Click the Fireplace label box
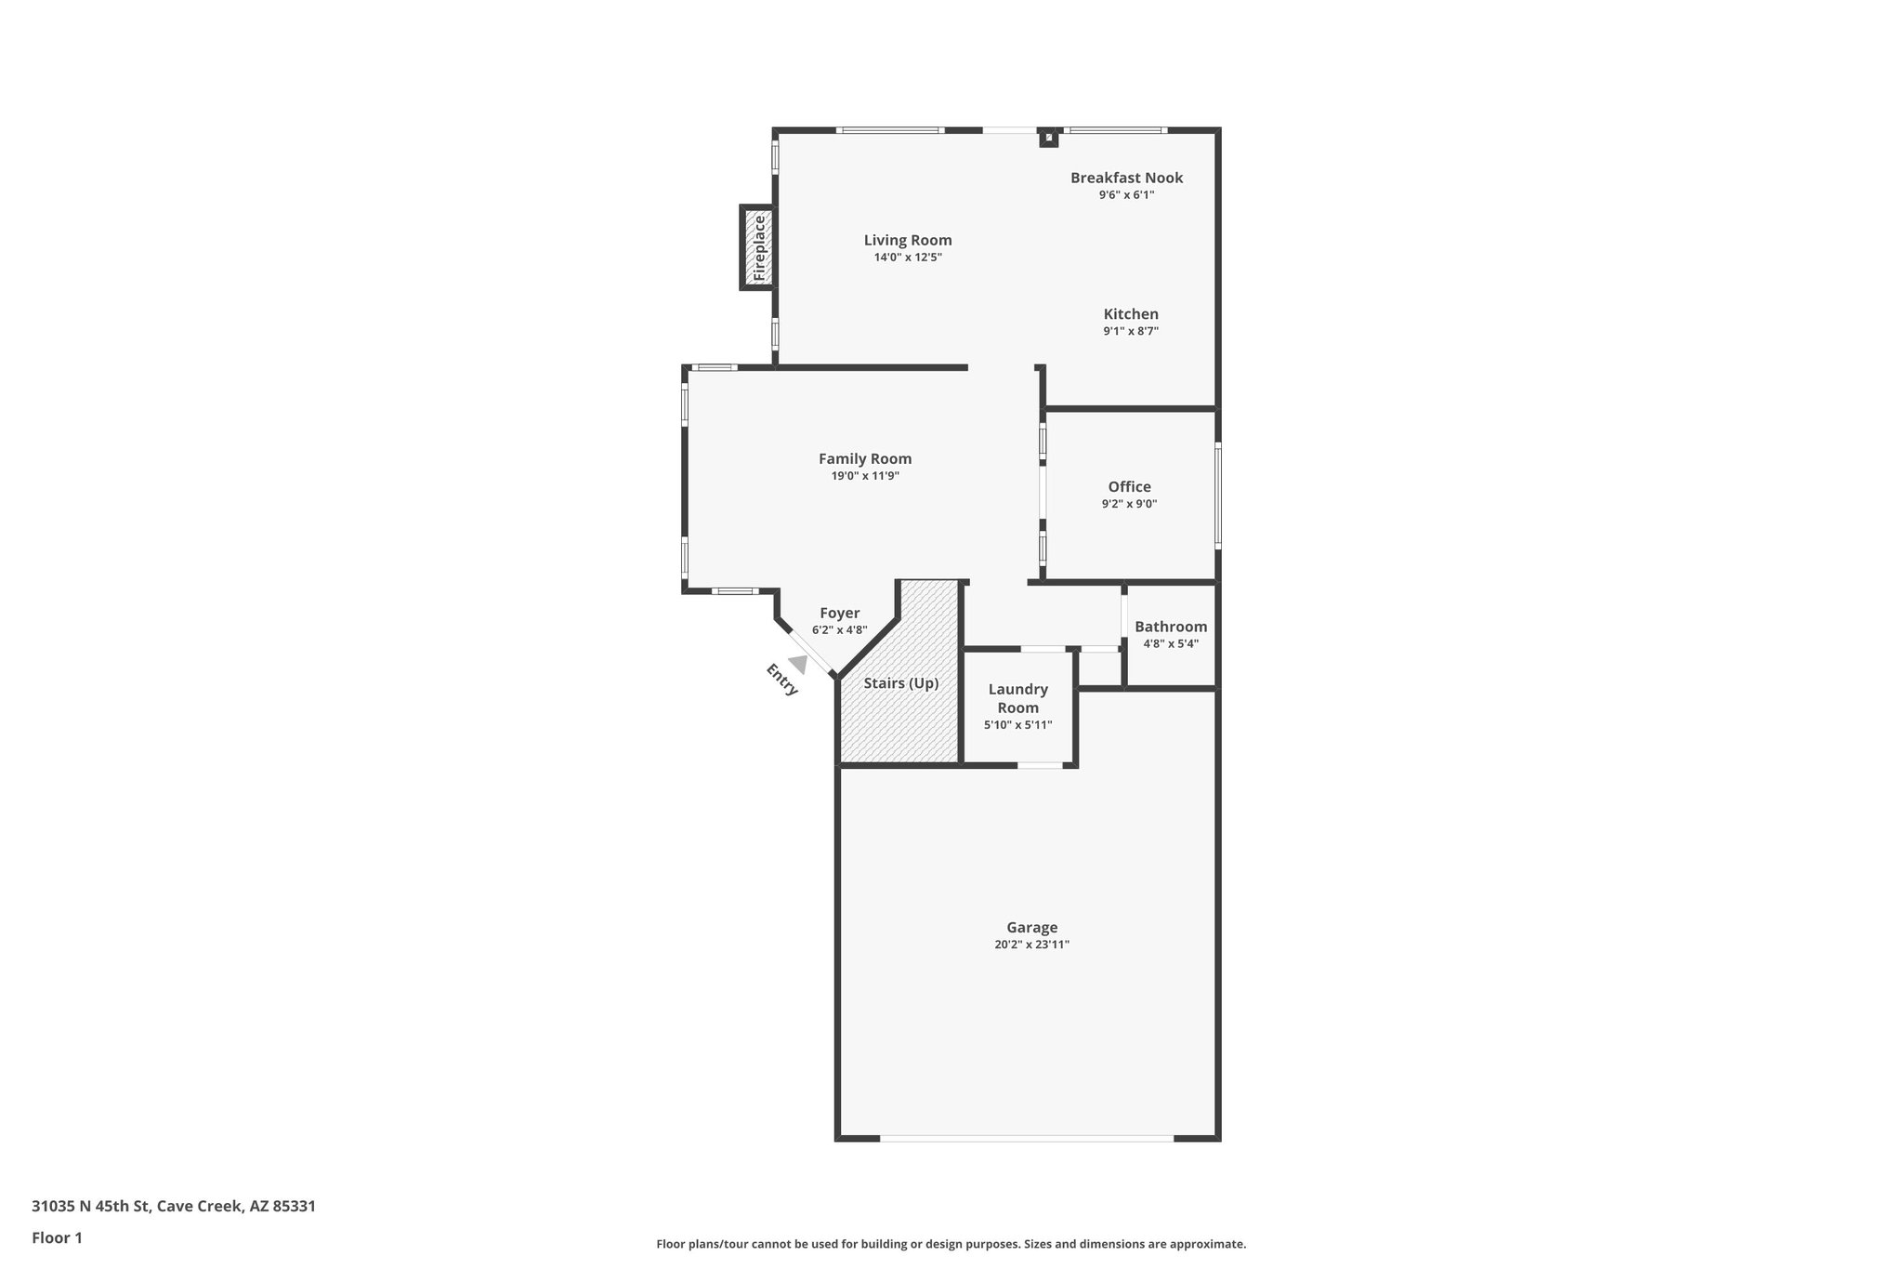click(x=758, y=247)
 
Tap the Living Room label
click(x=908, y=240)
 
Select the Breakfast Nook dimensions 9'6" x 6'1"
click(x=1126, y=195)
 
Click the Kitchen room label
click(x=1131, y=314)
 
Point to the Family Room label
click(x=864, y=458)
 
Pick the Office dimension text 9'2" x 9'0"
click(x=1129, y=504)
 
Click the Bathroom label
click(x=1170, y=627)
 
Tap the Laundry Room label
click(x=1017, y=698)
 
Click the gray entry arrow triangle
click(x=797, y=664)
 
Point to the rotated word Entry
click(x=781, y=680)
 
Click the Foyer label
click(x=839, y=614)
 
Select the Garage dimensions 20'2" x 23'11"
click(x=1031, y=945)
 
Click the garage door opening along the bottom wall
click(x=1026, y=1138)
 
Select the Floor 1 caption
click(x=58, y=1237)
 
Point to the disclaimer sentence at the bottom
click(x=951, y=1244)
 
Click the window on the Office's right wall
click(x=1218, y=495)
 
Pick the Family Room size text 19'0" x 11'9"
click(x=864, y=476)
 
